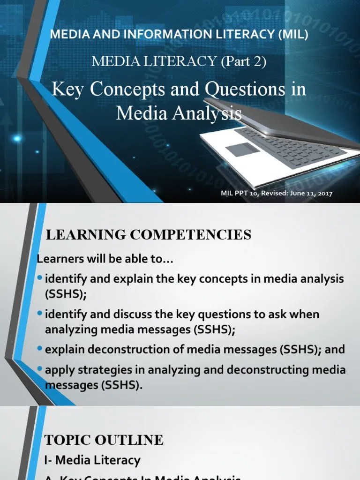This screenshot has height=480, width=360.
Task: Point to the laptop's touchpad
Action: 242,150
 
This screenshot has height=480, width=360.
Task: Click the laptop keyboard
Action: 286,146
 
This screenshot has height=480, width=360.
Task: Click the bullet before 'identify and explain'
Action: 40,278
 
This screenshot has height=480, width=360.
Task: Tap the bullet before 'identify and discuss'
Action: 40,313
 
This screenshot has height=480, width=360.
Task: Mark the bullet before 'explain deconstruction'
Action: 40,349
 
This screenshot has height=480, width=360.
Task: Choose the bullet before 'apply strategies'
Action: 40,369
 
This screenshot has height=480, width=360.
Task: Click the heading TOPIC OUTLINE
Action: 104,440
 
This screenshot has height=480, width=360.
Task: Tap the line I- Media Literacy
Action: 92,460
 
